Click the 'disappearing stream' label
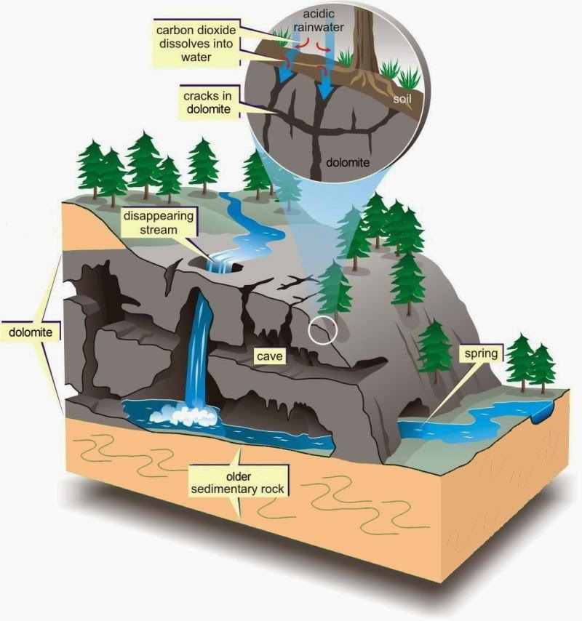(159, 223)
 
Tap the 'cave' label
(270, 356)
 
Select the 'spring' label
(481, 353)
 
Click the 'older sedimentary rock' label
(238, 482)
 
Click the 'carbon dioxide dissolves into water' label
(196, 43)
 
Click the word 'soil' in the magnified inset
(402, 99)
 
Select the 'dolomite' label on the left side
(31, 332)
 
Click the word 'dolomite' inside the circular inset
(348, 162)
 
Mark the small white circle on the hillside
(323, 330)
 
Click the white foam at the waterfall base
(184, 415)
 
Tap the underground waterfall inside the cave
(199, 348)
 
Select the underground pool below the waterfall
(228, 425)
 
